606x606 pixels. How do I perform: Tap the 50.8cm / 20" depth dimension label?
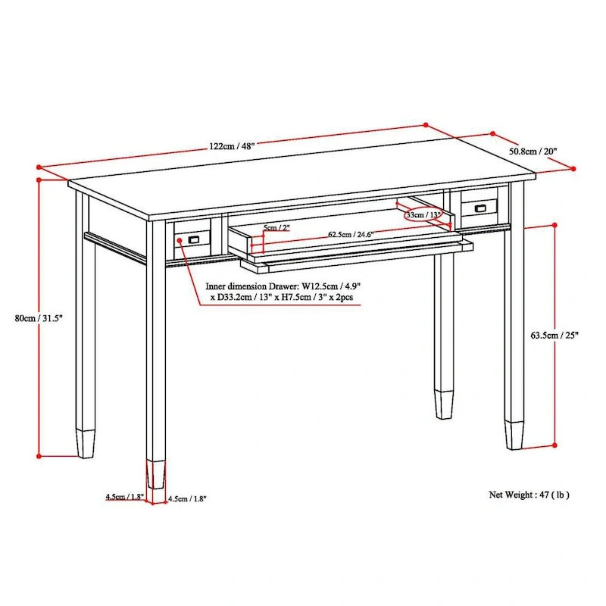[x=533, y=151]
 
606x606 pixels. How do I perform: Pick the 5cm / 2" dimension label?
[x=276, y=227]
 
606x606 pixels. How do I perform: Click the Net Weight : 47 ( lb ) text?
[x=529, y=495]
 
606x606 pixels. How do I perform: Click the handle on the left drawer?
[x=193, y=239]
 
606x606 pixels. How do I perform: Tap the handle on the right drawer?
[x=480, y=208]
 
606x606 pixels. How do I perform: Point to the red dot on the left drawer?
[x=180, y=242]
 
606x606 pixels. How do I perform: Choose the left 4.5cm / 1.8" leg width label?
[x=125, y=498]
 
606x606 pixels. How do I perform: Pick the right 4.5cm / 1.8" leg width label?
[x=186, y=498]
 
